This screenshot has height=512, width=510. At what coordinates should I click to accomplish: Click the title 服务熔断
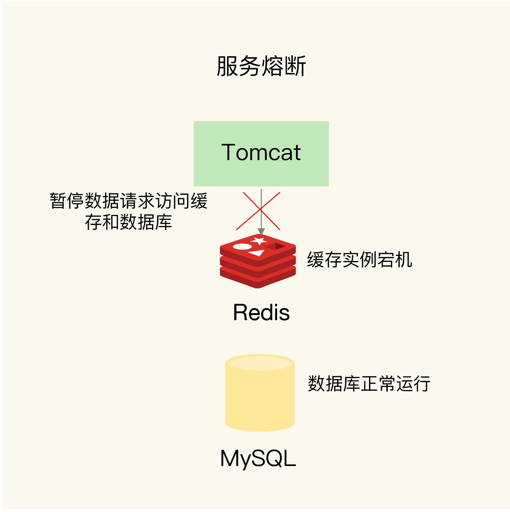pyautogui.click(x=261, y=66)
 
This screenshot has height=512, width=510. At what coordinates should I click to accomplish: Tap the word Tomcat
pyautogui.click(x=261, y=152)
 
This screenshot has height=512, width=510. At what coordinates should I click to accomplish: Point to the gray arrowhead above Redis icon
pyautogui.click(x=261, y=231)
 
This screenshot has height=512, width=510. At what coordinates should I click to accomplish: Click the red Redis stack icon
pyautogui.click(x=258, y=266)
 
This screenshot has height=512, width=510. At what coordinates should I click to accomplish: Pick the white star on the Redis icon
pyautogui.click(x=259, y=241)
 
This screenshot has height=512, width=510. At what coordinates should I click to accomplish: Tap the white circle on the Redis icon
pyautogui.click(x=242, y=246)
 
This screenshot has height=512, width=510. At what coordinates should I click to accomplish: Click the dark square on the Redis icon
pyautogui.click(x=276, y=246)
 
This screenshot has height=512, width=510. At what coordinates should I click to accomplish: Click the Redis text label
pyautogui.click(x=261, y=312)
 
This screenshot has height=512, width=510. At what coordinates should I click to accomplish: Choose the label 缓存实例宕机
pyautogui.click(x=359, y=260)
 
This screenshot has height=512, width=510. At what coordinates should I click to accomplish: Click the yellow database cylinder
pyautogui.click(x=260, y=396)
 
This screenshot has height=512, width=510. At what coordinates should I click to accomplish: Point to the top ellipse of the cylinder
pyautogui.click(x=260, y=363)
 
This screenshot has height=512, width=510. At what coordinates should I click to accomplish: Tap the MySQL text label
pyautogui.click(x=258, y=458)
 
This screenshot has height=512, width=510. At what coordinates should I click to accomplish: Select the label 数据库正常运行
pyautogui.click(x=369, y=384)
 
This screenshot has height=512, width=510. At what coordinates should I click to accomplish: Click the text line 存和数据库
pyautogui.click(x=128, y=222)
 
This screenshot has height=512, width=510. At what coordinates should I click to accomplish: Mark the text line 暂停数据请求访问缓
pyautogui.click(x=128, y=201)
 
